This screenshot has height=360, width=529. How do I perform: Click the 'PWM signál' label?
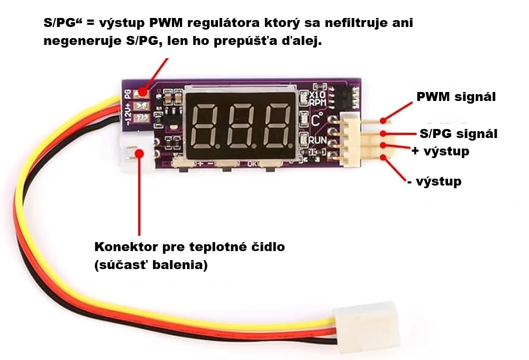(x=456, y=97)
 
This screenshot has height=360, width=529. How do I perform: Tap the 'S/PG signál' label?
(x=459, y=134)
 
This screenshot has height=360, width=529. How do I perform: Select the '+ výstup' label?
(x=440, y=151)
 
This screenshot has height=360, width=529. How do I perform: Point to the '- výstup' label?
(x=434, y=182)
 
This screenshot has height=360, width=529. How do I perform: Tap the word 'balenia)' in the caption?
(x=180, y=265)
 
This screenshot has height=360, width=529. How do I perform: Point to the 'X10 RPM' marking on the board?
(x=317, y=98)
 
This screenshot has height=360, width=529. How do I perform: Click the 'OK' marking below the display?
(x=252, y=164)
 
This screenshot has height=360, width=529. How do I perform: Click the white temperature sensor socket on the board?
(x=130, y=151)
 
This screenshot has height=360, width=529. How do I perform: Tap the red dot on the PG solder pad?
(x=143, y=91)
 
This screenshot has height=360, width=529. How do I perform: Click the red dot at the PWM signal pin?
(x=383, y=121)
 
